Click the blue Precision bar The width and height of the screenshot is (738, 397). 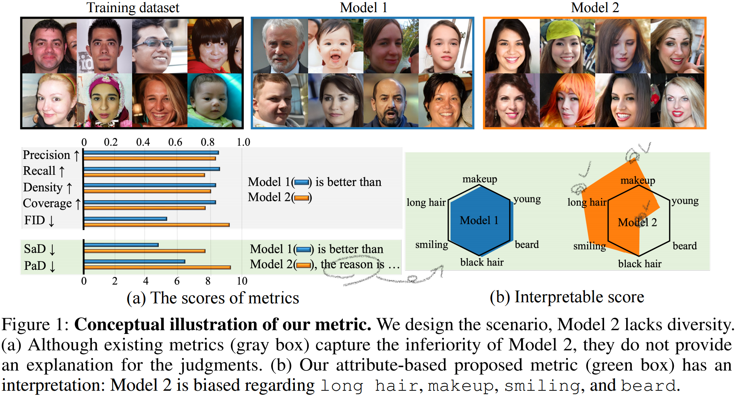coord(151,152)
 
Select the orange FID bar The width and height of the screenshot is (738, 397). coord(156,224)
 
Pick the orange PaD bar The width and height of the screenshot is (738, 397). coord(157,267)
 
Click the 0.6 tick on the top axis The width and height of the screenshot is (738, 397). coord(175,142)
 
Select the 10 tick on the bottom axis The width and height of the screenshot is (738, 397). coord(242,281)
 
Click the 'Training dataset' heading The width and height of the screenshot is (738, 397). coord(133,8)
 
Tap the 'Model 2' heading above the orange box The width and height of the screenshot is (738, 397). coord(595,8)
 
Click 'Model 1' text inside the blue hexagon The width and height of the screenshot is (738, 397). coord(479,220)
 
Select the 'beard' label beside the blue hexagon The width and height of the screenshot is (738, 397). coord(527,245)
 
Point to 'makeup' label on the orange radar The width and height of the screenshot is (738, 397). coord(638,180)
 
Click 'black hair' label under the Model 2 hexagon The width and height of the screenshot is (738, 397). coord(639,264)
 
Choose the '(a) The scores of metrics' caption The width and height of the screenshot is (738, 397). coord(213,298)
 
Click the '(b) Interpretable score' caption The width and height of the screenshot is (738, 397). coord(567,297)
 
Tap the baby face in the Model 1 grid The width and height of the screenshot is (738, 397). coord(335,46)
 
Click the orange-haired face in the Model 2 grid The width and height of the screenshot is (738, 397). coord(567,100)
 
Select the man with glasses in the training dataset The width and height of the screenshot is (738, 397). coord(159,46)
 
